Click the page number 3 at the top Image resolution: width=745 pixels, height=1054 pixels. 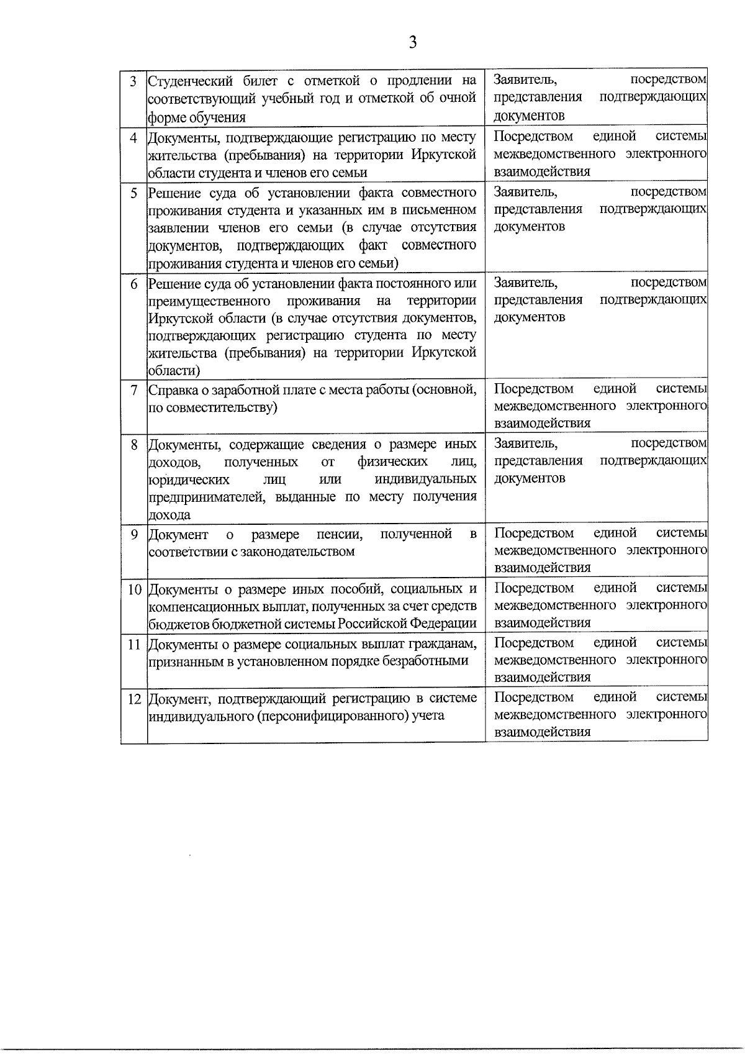pyautogui.click(x=412, y=42)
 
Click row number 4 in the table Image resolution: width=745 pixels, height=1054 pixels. pyautogui.click(x=133, y=137)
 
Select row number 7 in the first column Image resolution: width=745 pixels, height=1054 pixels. pyautogui.click(x=133, y=390)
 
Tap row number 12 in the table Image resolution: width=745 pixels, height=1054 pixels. pyautogui.click(x=134, y=698)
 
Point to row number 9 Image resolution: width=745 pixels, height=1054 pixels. pyautogui.click(x=133, y=534)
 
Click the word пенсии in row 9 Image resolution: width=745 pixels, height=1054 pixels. pyautogui.click(x=339, y=534)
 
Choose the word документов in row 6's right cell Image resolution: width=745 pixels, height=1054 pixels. pyautogui.click(x=530, y=317)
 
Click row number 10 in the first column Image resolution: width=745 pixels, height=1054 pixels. pyautogui.click(x=134, y=589)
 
